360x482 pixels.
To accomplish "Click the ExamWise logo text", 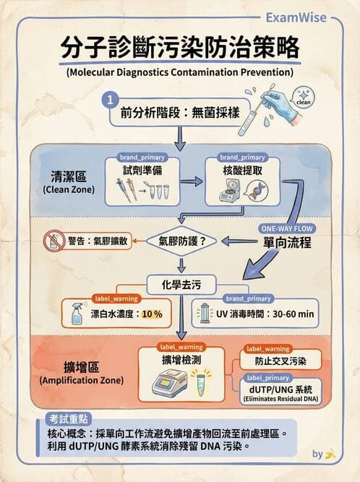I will (x=316, y=17).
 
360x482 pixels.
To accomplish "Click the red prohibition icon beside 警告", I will (x=53, y=240).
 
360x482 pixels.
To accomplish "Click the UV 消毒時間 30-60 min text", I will (x=265, y=314).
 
